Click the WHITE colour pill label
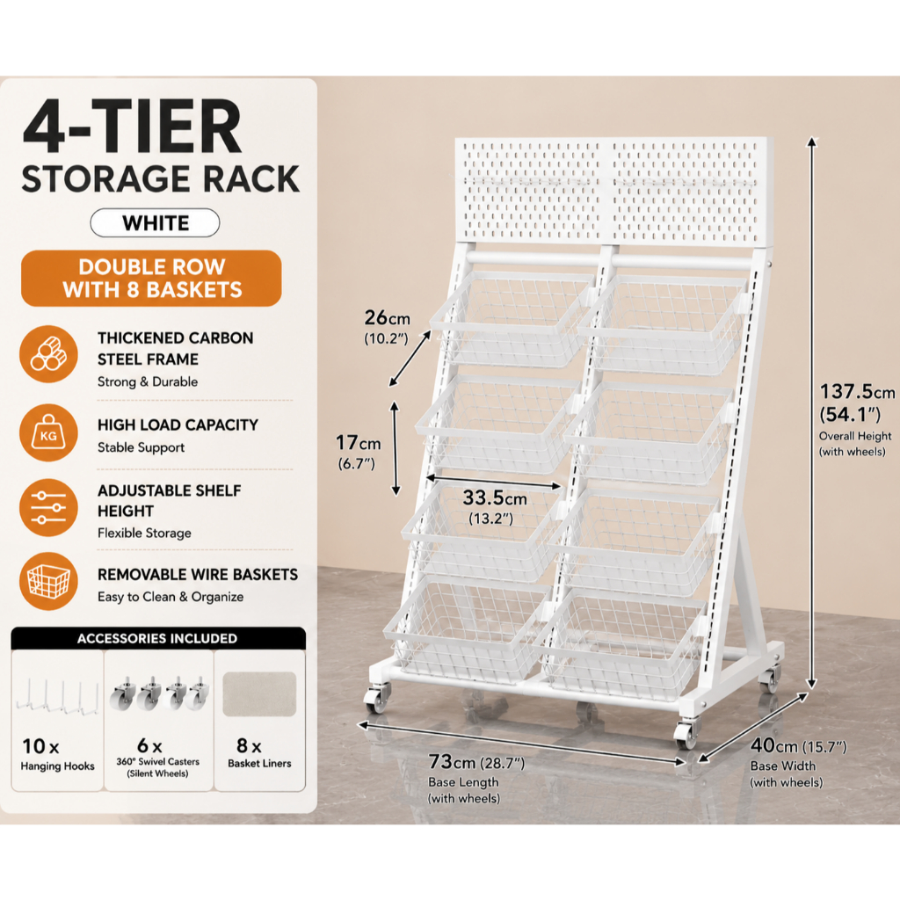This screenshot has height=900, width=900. click(x=155, y=222)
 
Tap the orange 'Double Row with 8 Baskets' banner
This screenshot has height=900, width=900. click(x=151, y=279)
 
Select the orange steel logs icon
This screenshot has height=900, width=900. click(x=49, y=354)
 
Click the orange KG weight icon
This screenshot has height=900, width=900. click(x=49, y=432)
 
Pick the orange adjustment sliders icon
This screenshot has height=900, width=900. click(x=49, y=508)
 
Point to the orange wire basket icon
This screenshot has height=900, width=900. click(x=49, y=582)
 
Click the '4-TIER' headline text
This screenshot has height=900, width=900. click(x=133, y=127)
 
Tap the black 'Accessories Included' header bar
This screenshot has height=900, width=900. click(x=158, y=638)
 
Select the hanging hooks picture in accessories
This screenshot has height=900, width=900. click(x=57, y=697)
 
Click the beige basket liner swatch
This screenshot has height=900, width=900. click(x=259, y=694)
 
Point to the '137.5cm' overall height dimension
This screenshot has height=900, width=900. click(x=856, y=392)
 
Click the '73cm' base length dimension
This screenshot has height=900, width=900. click(x=453, y=762)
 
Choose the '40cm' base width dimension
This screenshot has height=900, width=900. click(x=774, y=745)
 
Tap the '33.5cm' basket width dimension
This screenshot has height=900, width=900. click(x=495, y=497)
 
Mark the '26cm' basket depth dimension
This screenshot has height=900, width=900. click(x=388, y=317)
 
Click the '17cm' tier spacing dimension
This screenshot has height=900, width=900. click(x=359, y=443)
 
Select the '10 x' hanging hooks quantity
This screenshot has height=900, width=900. click(x=40, y=746)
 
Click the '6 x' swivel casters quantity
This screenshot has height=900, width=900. click(x=149, y=745)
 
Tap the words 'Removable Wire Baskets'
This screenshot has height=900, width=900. click(x=198, y=575)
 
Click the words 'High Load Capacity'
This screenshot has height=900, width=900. click(x=178, y=425)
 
